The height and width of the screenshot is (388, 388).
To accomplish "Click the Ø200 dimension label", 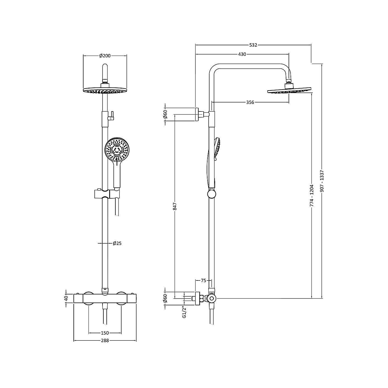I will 105,56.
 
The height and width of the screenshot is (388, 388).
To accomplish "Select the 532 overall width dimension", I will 253,45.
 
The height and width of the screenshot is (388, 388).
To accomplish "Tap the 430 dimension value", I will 242,54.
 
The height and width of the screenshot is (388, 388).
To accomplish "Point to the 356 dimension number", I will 250,102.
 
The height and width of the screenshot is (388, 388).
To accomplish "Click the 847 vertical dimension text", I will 175,206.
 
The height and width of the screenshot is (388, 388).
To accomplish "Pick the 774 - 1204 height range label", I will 312,196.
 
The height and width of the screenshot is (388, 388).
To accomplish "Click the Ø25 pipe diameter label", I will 117,243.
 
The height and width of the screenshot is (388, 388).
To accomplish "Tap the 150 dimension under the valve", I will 105,333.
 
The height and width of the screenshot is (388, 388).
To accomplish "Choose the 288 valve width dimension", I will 105,341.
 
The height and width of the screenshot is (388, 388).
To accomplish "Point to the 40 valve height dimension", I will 66,298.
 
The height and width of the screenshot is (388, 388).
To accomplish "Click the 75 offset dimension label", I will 203,280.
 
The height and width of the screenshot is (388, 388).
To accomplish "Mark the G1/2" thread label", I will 184,312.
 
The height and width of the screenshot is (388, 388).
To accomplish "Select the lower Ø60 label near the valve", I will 165,298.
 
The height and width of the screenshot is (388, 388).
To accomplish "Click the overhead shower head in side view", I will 289,90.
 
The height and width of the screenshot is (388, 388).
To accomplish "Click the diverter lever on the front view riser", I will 112,116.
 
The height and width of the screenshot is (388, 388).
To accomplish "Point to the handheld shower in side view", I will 217,148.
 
